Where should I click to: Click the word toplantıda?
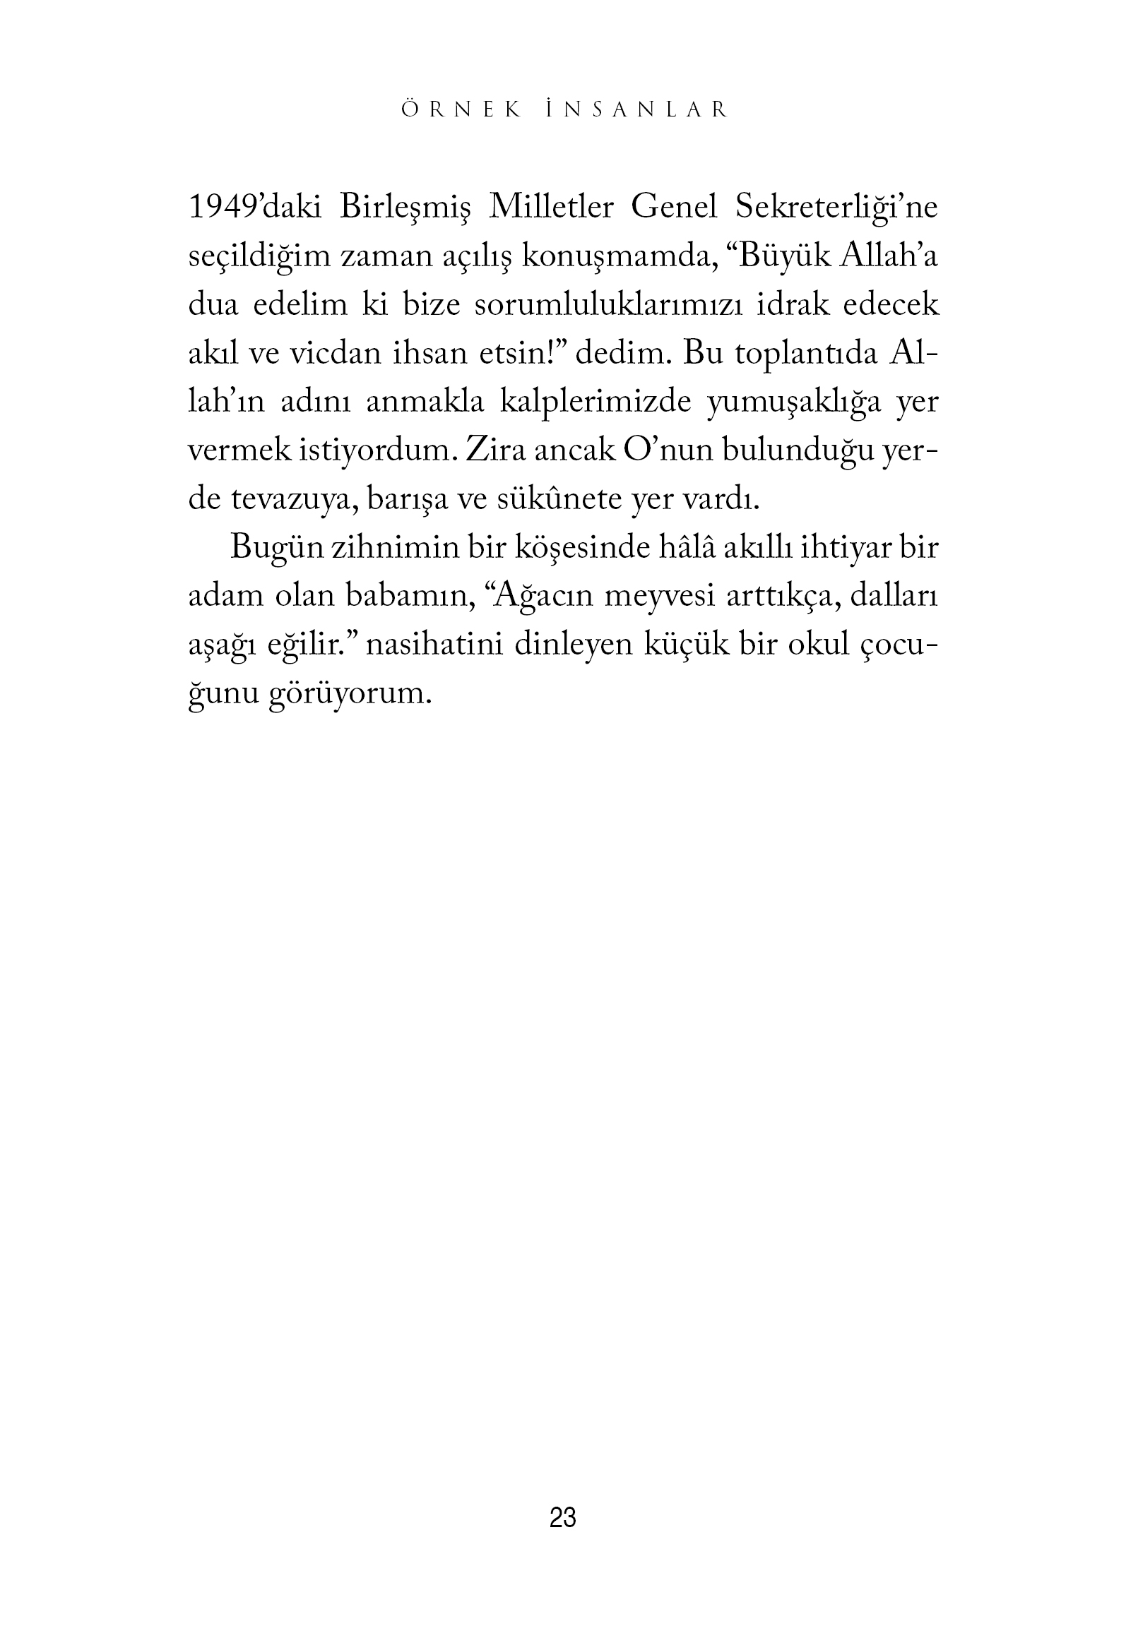[x=795, y=357]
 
